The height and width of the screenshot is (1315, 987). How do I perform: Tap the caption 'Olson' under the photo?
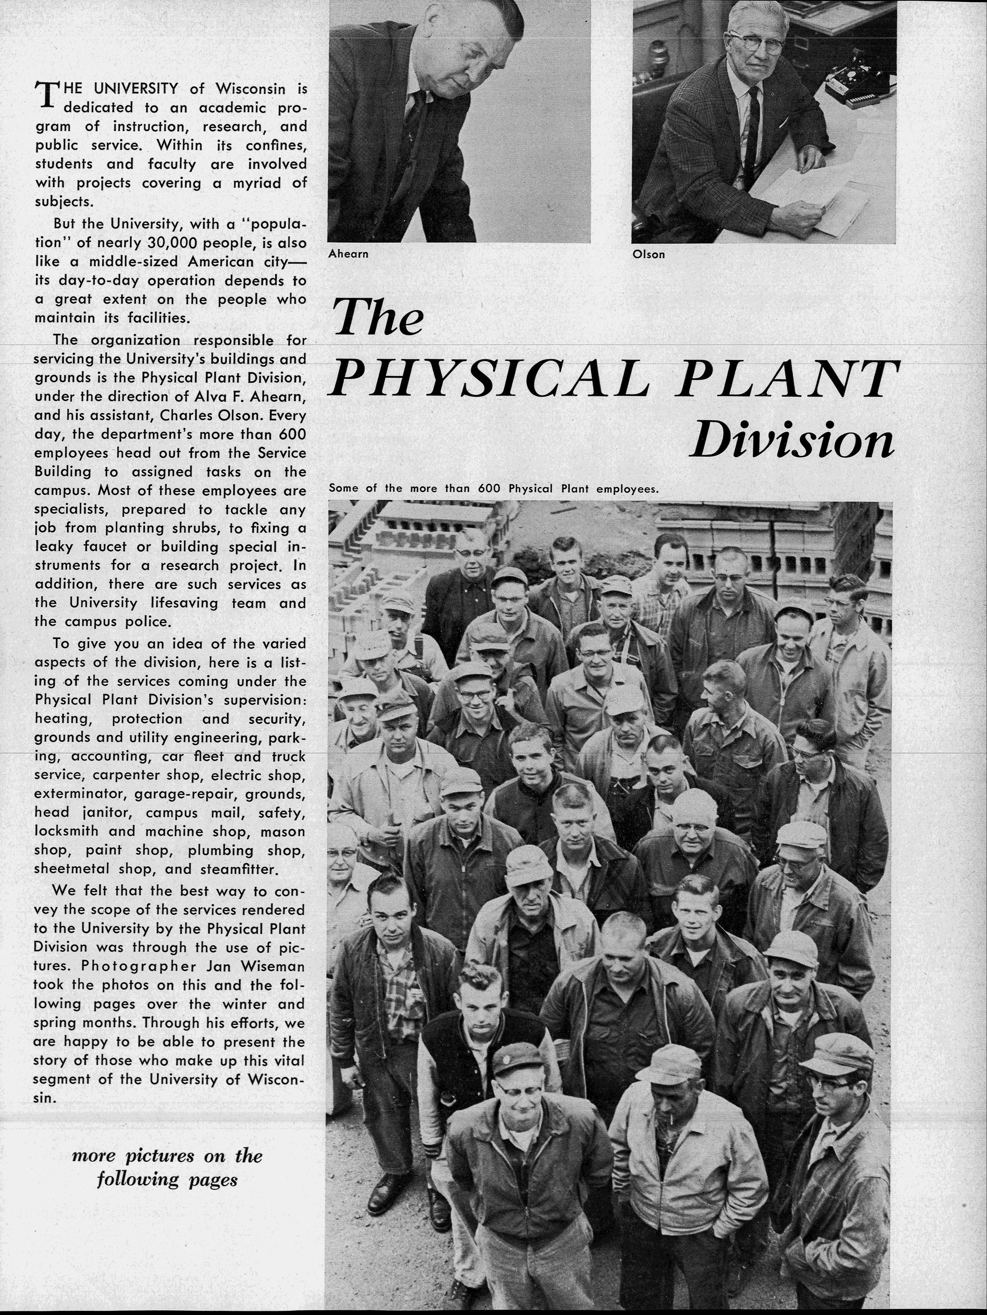pos(649,254)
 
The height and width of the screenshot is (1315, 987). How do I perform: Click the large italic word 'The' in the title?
pos(378,318)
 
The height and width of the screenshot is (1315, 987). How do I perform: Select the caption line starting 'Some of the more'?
pos(493,489)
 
